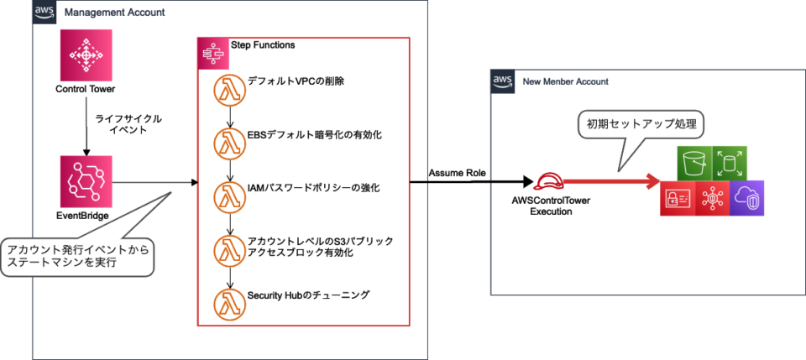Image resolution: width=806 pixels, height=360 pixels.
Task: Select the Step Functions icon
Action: click(210, 53)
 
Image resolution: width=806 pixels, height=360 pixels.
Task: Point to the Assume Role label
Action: click(456, 173)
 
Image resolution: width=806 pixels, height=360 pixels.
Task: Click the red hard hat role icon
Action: click(550, 180)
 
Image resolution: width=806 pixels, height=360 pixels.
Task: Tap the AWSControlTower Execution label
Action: click(550, 206)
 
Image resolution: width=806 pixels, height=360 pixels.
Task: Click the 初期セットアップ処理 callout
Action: click(639, 125)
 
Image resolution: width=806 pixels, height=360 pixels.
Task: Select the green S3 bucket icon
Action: click(693, 163)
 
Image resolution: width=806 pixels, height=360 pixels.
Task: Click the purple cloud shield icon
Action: click(746, 198)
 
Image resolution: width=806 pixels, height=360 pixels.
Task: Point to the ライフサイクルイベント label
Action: click(128, 125)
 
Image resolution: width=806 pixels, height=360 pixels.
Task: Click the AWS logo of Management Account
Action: click(45, 13)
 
